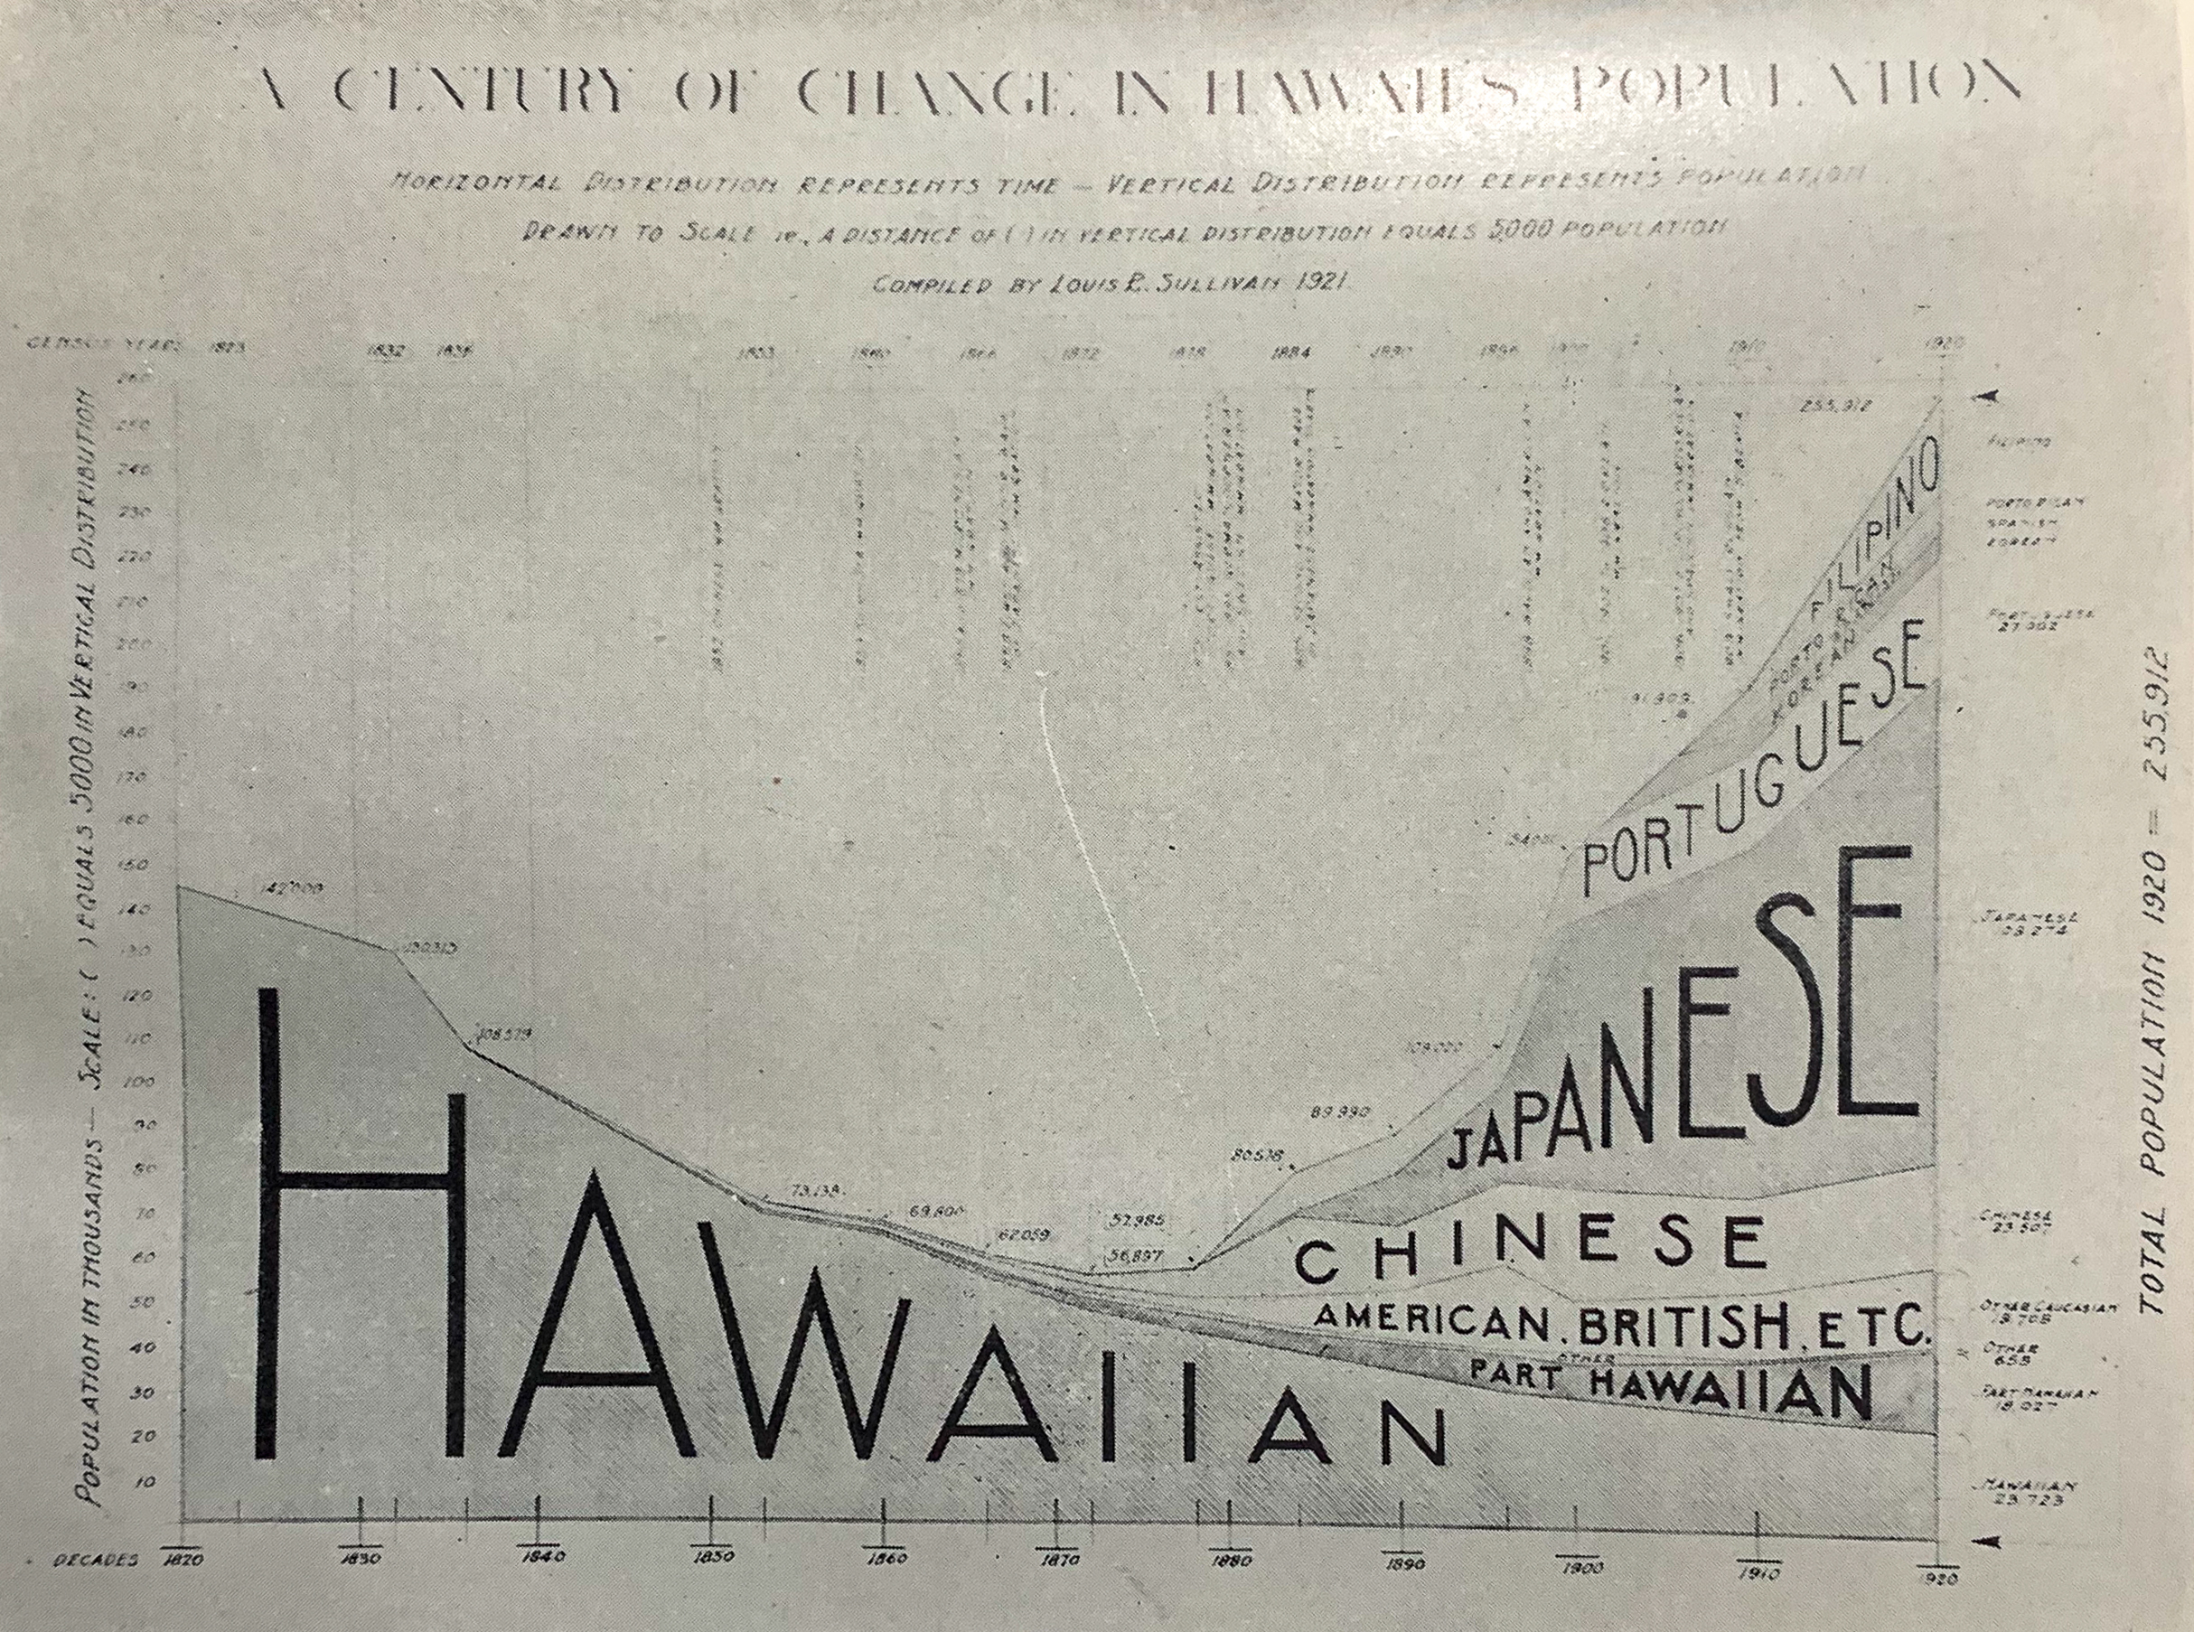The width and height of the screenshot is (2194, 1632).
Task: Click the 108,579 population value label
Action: [504, 1036]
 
